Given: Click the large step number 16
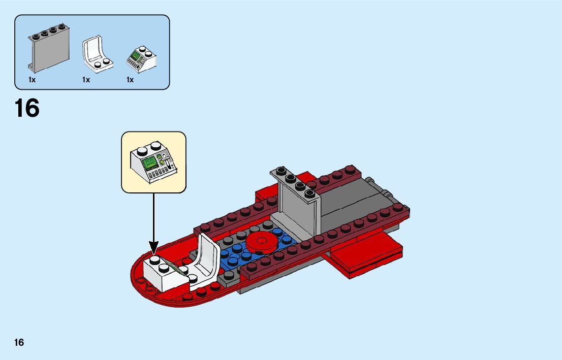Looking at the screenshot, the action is pyautogui.click(x=27, y=108).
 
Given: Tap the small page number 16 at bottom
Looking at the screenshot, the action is pyautogui.click(x=19, y=342).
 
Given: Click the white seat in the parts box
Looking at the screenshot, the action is pyautogui.click(x=97, y=53).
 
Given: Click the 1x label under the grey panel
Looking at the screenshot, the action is pyautogui.click(x=32, y=80).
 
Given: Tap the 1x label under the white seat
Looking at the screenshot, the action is pyautogui.click(x=86, y=80).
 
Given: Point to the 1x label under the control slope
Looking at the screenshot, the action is pyautogui.click(x=130, y=80).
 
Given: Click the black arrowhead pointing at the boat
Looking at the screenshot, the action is pyautogui.click(x=153, y=247).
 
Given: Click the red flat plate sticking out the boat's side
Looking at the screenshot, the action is pyautogui.click(x=366, y=256).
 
